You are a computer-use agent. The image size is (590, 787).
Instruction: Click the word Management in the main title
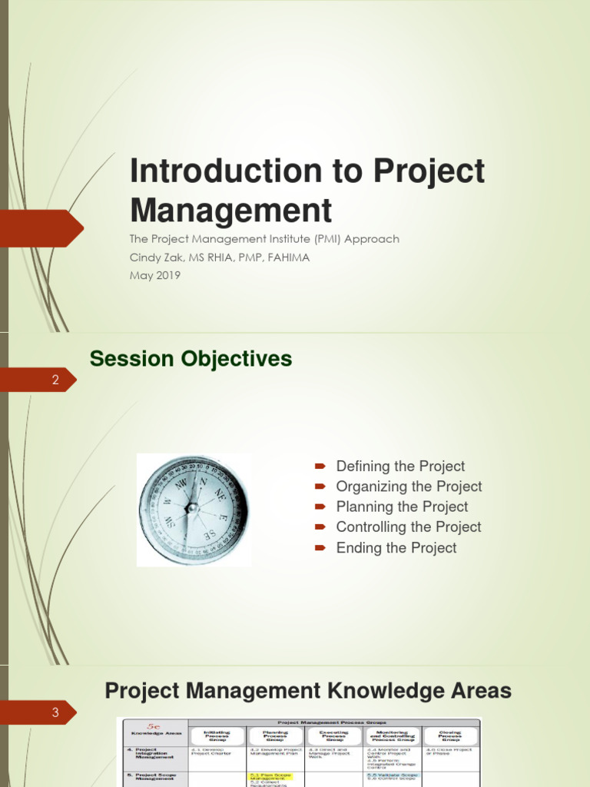(x=230, y=209)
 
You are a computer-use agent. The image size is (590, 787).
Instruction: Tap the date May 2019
(x=155, y=275)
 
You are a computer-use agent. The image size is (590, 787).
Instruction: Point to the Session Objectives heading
(x=191, y=359)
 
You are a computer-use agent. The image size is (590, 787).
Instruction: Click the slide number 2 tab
(x=55, y=380)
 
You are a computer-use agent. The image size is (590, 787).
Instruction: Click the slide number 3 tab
(x=55, y=712)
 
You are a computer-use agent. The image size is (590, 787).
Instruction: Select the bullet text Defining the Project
(x=400, y=467)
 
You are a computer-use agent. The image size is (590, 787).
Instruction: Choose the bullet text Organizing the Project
(x=409, y=486)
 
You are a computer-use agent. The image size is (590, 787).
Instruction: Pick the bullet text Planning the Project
(x=402, y=507)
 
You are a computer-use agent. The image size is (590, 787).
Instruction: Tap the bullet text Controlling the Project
(x=409, y=527)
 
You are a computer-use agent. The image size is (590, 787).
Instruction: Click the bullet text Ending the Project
(x=396, y=548)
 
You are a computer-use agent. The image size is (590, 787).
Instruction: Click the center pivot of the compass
(x=192, y=507)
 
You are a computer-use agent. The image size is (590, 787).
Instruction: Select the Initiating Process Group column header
(x=217, y=736)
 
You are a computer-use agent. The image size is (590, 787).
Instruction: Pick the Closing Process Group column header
(x=450, y=736)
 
